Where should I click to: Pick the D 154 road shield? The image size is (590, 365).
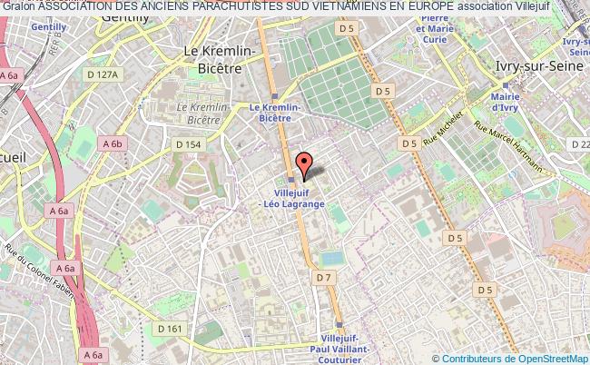click(x=189, y=144)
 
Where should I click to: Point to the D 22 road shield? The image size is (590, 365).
click(x=579, y=143)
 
